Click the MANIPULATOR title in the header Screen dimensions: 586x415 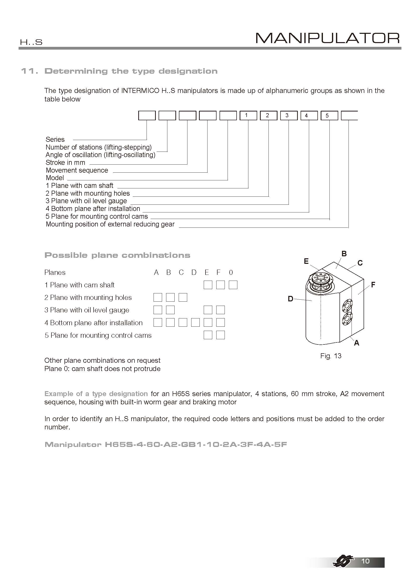coord(327,38)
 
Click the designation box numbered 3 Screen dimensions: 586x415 coord(289,115)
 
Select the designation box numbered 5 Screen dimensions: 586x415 coord(329,115)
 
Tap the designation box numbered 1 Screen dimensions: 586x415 coord(248,115)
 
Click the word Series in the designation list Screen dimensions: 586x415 coord(55,139)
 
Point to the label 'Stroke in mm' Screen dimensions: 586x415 coord(65,163)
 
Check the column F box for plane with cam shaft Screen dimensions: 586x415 coord(220,285)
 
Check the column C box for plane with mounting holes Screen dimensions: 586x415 coord(183,297)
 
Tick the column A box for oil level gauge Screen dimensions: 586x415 coord(158,310)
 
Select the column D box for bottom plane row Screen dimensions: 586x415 coord(195,323)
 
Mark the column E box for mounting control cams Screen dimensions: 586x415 coord(208,335)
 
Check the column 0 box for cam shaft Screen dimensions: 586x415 coord(233,285)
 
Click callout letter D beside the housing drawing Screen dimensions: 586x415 coord(291,299)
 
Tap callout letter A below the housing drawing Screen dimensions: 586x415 coord(357,343)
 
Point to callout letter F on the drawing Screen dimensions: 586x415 coord(373,285)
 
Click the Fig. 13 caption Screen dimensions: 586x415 coord(331,356)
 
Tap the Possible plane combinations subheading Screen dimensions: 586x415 coord(117,255)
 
